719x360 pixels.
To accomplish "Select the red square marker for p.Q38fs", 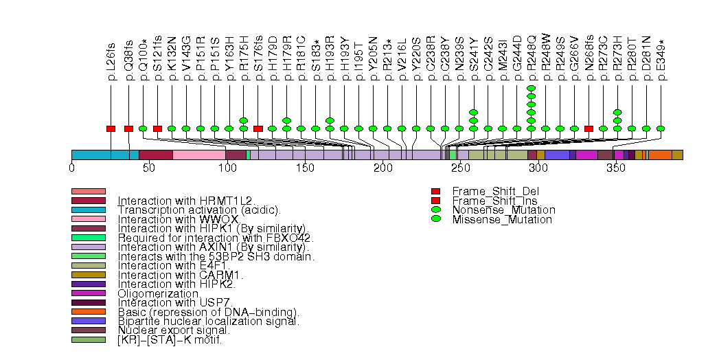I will coord(128,128).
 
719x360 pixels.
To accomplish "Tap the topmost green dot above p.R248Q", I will coord(531,89).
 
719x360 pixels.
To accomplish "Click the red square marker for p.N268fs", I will coord(589,128).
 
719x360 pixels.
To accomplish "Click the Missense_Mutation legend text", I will coord(502,220).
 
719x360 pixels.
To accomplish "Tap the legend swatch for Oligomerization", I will coord(88,293).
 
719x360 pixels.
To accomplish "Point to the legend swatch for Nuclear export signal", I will coord(88,330).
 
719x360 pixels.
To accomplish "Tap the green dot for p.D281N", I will coord(646,128).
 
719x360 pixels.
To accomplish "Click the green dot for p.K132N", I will coord(172,128).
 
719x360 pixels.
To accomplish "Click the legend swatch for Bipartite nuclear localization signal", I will coord(88,321).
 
